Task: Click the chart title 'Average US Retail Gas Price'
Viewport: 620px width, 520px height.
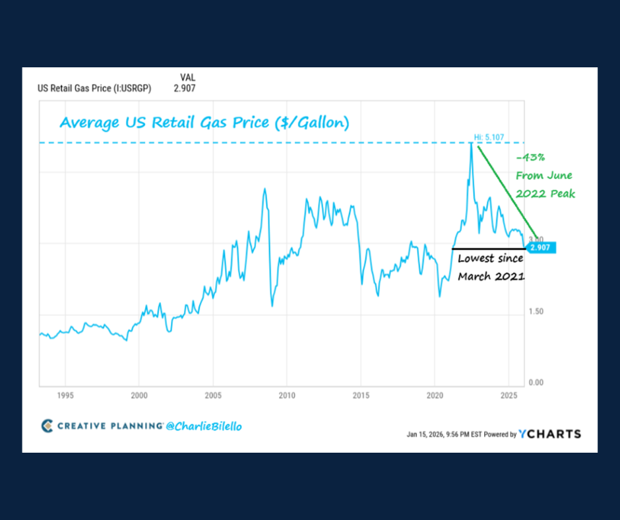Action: pos(204,123)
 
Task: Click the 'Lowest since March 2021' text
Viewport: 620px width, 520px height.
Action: pos(490,267)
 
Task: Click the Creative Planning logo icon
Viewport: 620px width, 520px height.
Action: pos(47,426)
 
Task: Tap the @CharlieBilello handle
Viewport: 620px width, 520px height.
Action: pos(204,426)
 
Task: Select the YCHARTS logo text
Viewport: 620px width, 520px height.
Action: pos(549,434)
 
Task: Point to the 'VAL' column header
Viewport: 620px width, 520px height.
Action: pos(188,77)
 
